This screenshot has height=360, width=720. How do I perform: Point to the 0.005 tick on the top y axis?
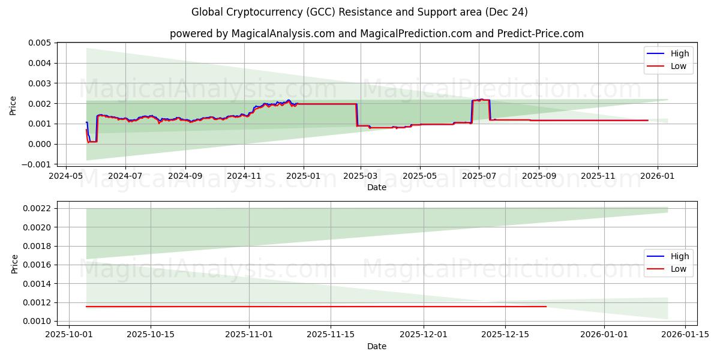pos(40,43)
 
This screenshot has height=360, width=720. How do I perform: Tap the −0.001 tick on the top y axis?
pos(38,164)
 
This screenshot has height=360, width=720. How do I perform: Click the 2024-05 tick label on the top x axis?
pos(65,176)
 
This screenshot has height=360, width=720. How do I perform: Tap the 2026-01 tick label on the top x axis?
pos(658,176)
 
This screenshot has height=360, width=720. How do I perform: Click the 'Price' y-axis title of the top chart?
pos(13,105)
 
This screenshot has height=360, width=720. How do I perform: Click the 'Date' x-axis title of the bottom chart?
pos(377,346)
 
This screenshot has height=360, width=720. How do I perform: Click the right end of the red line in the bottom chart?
pos(546,307)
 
